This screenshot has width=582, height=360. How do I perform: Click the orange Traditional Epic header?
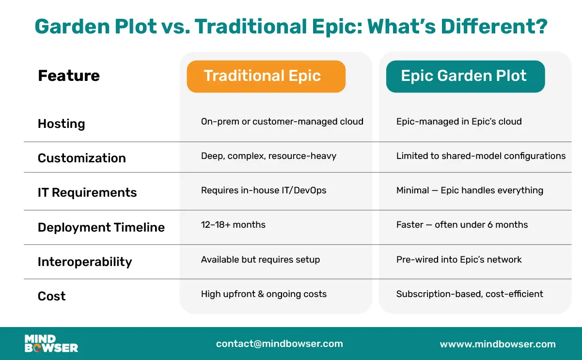266,76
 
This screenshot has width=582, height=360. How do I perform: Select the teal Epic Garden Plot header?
465,76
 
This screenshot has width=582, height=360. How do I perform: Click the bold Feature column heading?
69,76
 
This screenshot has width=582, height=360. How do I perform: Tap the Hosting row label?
62,124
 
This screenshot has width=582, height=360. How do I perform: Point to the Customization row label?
82,158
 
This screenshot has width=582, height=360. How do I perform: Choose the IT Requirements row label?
87,192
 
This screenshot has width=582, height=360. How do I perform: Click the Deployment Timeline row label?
101,227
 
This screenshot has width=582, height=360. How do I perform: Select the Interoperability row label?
85,262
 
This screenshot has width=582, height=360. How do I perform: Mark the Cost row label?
52,296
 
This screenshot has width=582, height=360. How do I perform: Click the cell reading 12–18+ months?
233,225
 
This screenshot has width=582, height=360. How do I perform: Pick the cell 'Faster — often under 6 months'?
462,225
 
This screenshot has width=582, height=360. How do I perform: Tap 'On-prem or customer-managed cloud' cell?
282,122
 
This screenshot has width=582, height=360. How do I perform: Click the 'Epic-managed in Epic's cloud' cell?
459,122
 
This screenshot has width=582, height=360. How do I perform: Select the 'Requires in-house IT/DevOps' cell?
264,190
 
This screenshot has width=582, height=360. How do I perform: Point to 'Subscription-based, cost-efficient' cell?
470,294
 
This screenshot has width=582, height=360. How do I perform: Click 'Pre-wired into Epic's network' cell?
459,260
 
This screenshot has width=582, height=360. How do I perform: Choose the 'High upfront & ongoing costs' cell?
264,294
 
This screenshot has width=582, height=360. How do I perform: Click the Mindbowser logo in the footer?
51,344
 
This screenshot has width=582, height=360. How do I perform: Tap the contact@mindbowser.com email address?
279,344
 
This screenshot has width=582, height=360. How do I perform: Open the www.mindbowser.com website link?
498,344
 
